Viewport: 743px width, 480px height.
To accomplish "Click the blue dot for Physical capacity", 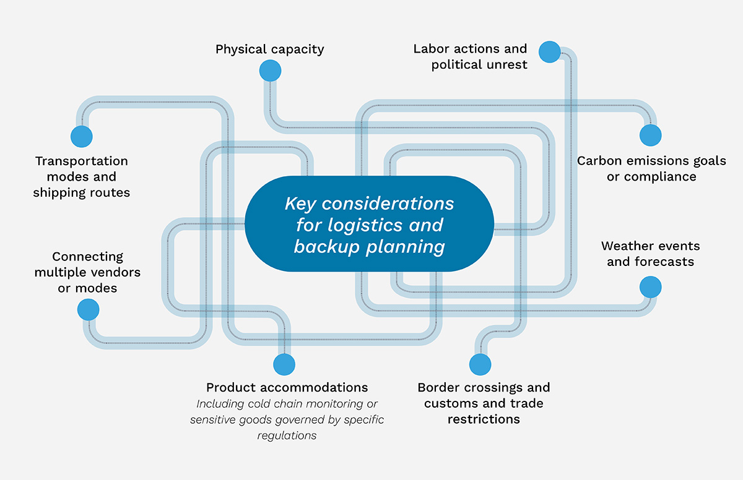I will click(270, 71).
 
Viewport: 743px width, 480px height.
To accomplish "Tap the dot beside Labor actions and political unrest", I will click(549, 52).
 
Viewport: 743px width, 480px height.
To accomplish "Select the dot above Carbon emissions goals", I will click(650, 135).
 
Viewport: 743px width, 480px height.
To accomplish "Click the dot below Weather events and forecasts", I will click(650, 286).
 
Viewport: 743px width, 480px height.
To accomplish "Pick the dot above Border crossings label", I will click(480, 364).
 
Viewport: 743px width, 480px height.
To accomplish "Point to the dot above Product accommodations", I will click(284, 364).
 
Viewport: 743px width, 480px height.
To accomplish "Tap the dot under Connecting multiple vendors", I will click(88, 309).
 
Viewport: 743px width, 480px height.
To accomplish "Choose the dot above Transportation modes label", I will click(81, 136).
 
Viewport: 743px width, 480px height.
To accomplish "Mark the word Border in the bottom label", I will click(438, 388).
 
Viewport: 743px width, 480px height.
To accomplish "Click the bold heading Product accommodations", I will click(287, 388).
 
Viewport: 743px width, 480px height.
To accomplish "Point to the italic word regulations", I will click(287, 436).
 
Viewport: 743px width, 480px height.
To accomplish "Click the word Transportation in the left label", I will click(81, 161).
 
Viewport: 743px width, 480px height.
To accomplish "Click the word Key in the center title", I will click(300, 204).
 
